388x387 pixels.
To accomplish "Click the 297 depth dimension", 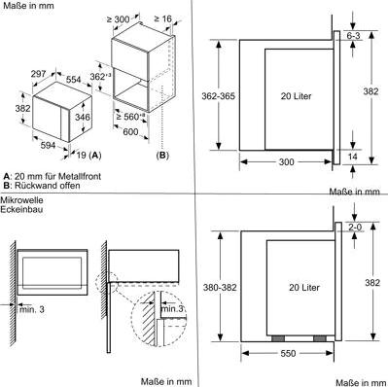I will point(37,74).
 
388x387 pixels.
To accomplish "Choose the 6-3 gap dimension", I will point(353,35).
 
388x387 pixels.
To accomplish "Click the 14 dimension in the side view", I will point(354,156).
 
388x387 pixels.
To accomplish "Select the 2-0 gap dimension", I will point(353,226).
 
